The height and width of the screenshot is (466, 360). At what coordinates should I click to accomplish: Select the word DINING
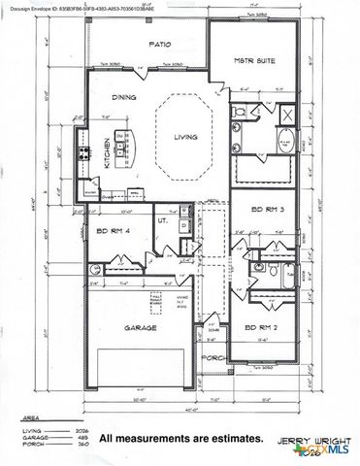tap(122, 97)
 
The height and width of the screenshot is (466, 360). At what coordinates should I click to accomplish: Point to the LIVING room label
tap(184, 138)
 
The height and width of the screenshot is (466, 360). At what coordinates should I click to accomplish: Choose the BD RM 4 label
tap(115, 230)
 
